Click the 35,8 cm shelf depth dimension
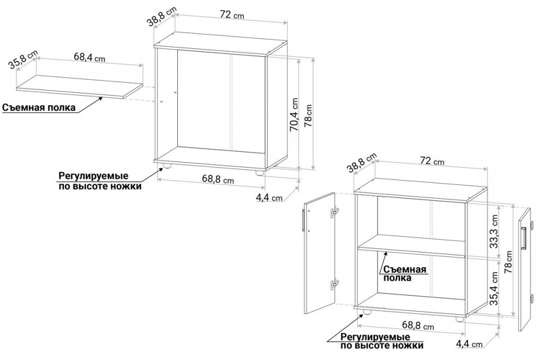(23, 59)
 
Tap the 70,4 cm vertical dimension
(295, 115)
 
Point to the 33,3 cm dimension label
(494, 231)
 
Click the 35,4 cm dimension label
(494, 289)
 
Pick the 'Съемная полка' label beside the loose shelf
(39, 107)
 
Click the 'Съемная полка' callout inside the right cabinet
(405, 273)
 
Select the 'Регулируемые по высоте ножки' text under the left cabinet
(100, 181)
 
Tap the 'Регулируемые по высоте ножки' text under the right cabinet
(382, 341)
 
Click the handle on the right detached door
(524, 238)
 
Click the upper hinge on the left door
(334, 212)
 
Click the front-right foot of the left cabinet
(259, 173)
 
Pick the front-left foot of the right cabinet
(367, 312)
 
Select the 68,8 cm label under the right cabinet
(418, 325)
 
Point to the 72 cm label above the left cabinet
(232, 15)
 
